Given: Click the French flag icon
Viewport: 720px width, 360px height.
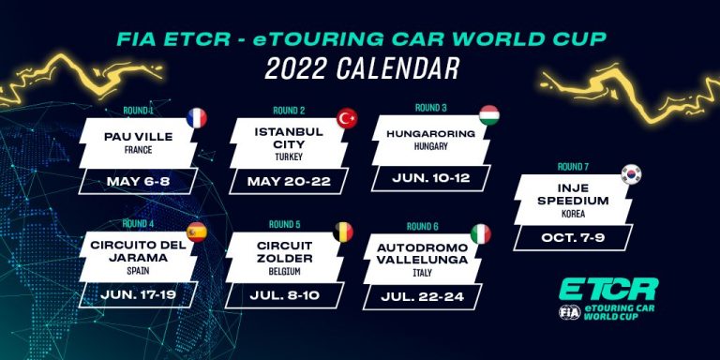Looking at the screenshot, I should [x=197, y=118].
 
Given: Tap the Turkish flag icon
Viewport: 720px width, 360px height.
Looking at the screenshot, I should [x=348, y=118].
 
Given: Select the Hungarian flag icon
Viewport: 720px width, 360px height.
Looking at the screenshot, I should [x=488, y=115].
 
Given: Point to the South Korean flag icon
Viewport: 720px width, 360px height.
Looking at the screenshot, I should [x=631, y=173].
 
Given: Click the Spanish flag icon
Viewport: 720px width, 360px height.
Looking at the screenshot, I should [x=196, y=232].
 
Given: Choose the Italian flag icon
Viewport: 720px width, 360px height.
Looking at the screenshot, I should [x=480, y=233].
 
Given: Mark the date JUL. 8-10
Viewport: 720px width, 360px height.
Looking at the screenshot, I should [x=284, y=296].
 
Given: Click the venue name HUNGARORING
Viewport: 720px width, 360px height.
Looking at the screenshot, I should [x=430, y=133].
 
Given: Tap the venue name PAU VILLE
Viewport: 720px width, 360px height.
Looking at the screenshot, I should [x=139, y=137].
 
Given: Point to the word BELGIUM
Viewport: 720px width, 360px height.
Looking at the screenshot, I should [x=281, y=271].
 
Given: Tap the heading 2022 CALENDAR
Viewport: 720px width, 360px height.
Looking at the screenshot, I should [x=361, y=67].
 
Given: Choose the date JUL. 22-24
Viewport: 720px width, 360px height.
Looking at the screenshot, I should [x=425, y=297].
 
